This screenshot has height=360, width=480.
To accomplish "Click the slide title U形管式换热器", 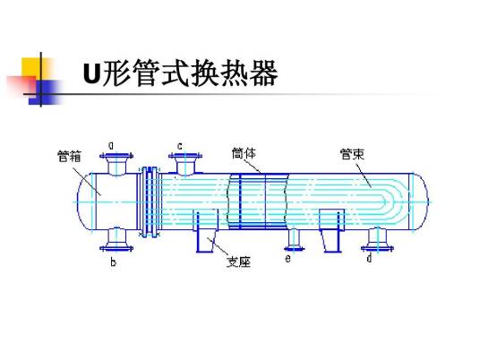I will coord(180,73).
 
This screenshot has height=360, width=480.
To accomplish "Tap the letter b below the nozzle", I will coord(114,263).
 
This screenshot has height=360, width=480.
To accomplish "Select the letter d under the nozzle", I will coord(369,259).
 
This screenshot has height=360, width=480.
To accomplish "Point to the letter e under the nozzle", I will coord(287,258).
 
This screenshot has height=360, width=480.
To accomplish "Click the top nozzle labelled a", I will coord(115,163).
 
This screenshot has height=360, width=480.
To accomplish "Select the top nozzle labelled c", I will coord(186,164).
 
